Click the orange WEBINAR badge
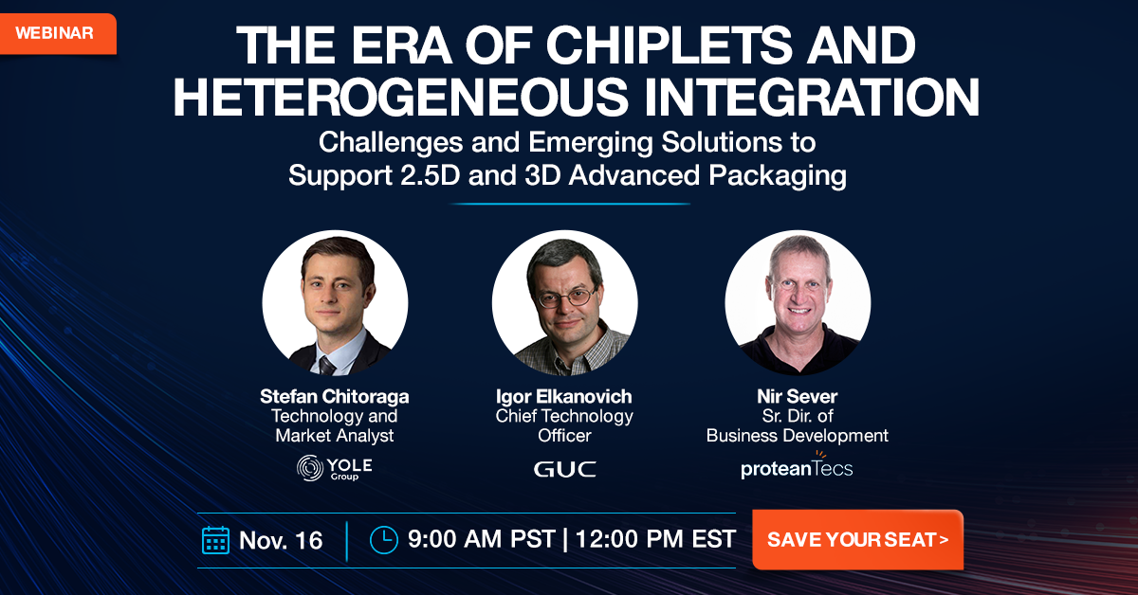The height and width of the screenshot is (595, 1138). (x=55, y=33)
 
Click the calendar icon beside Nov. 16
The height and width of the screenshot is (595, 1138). (x=215, y=539)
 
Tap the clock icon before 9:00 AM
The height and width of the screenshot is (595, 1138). (x=383, y=538)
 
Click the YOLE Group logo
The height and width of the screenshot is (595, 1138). (x=335, y=468)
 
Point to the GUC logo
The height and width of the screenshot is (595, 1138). (x=564, y=469)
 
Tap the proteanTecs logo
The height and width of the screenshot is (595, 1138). (x=797, y=467)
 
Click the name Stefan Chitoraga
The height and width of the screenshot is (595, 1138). (x=335, y=396)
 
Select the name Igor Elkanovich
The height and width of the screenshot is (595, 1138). (x=564, y=396)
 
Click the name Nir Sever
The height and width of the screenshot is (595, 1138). (x=798, y=396)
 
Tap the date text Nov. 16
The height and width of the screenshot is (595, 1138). (x=281, y=540)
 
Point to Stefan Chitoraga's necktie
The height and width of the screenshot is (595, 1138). (x=327, y=365)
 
